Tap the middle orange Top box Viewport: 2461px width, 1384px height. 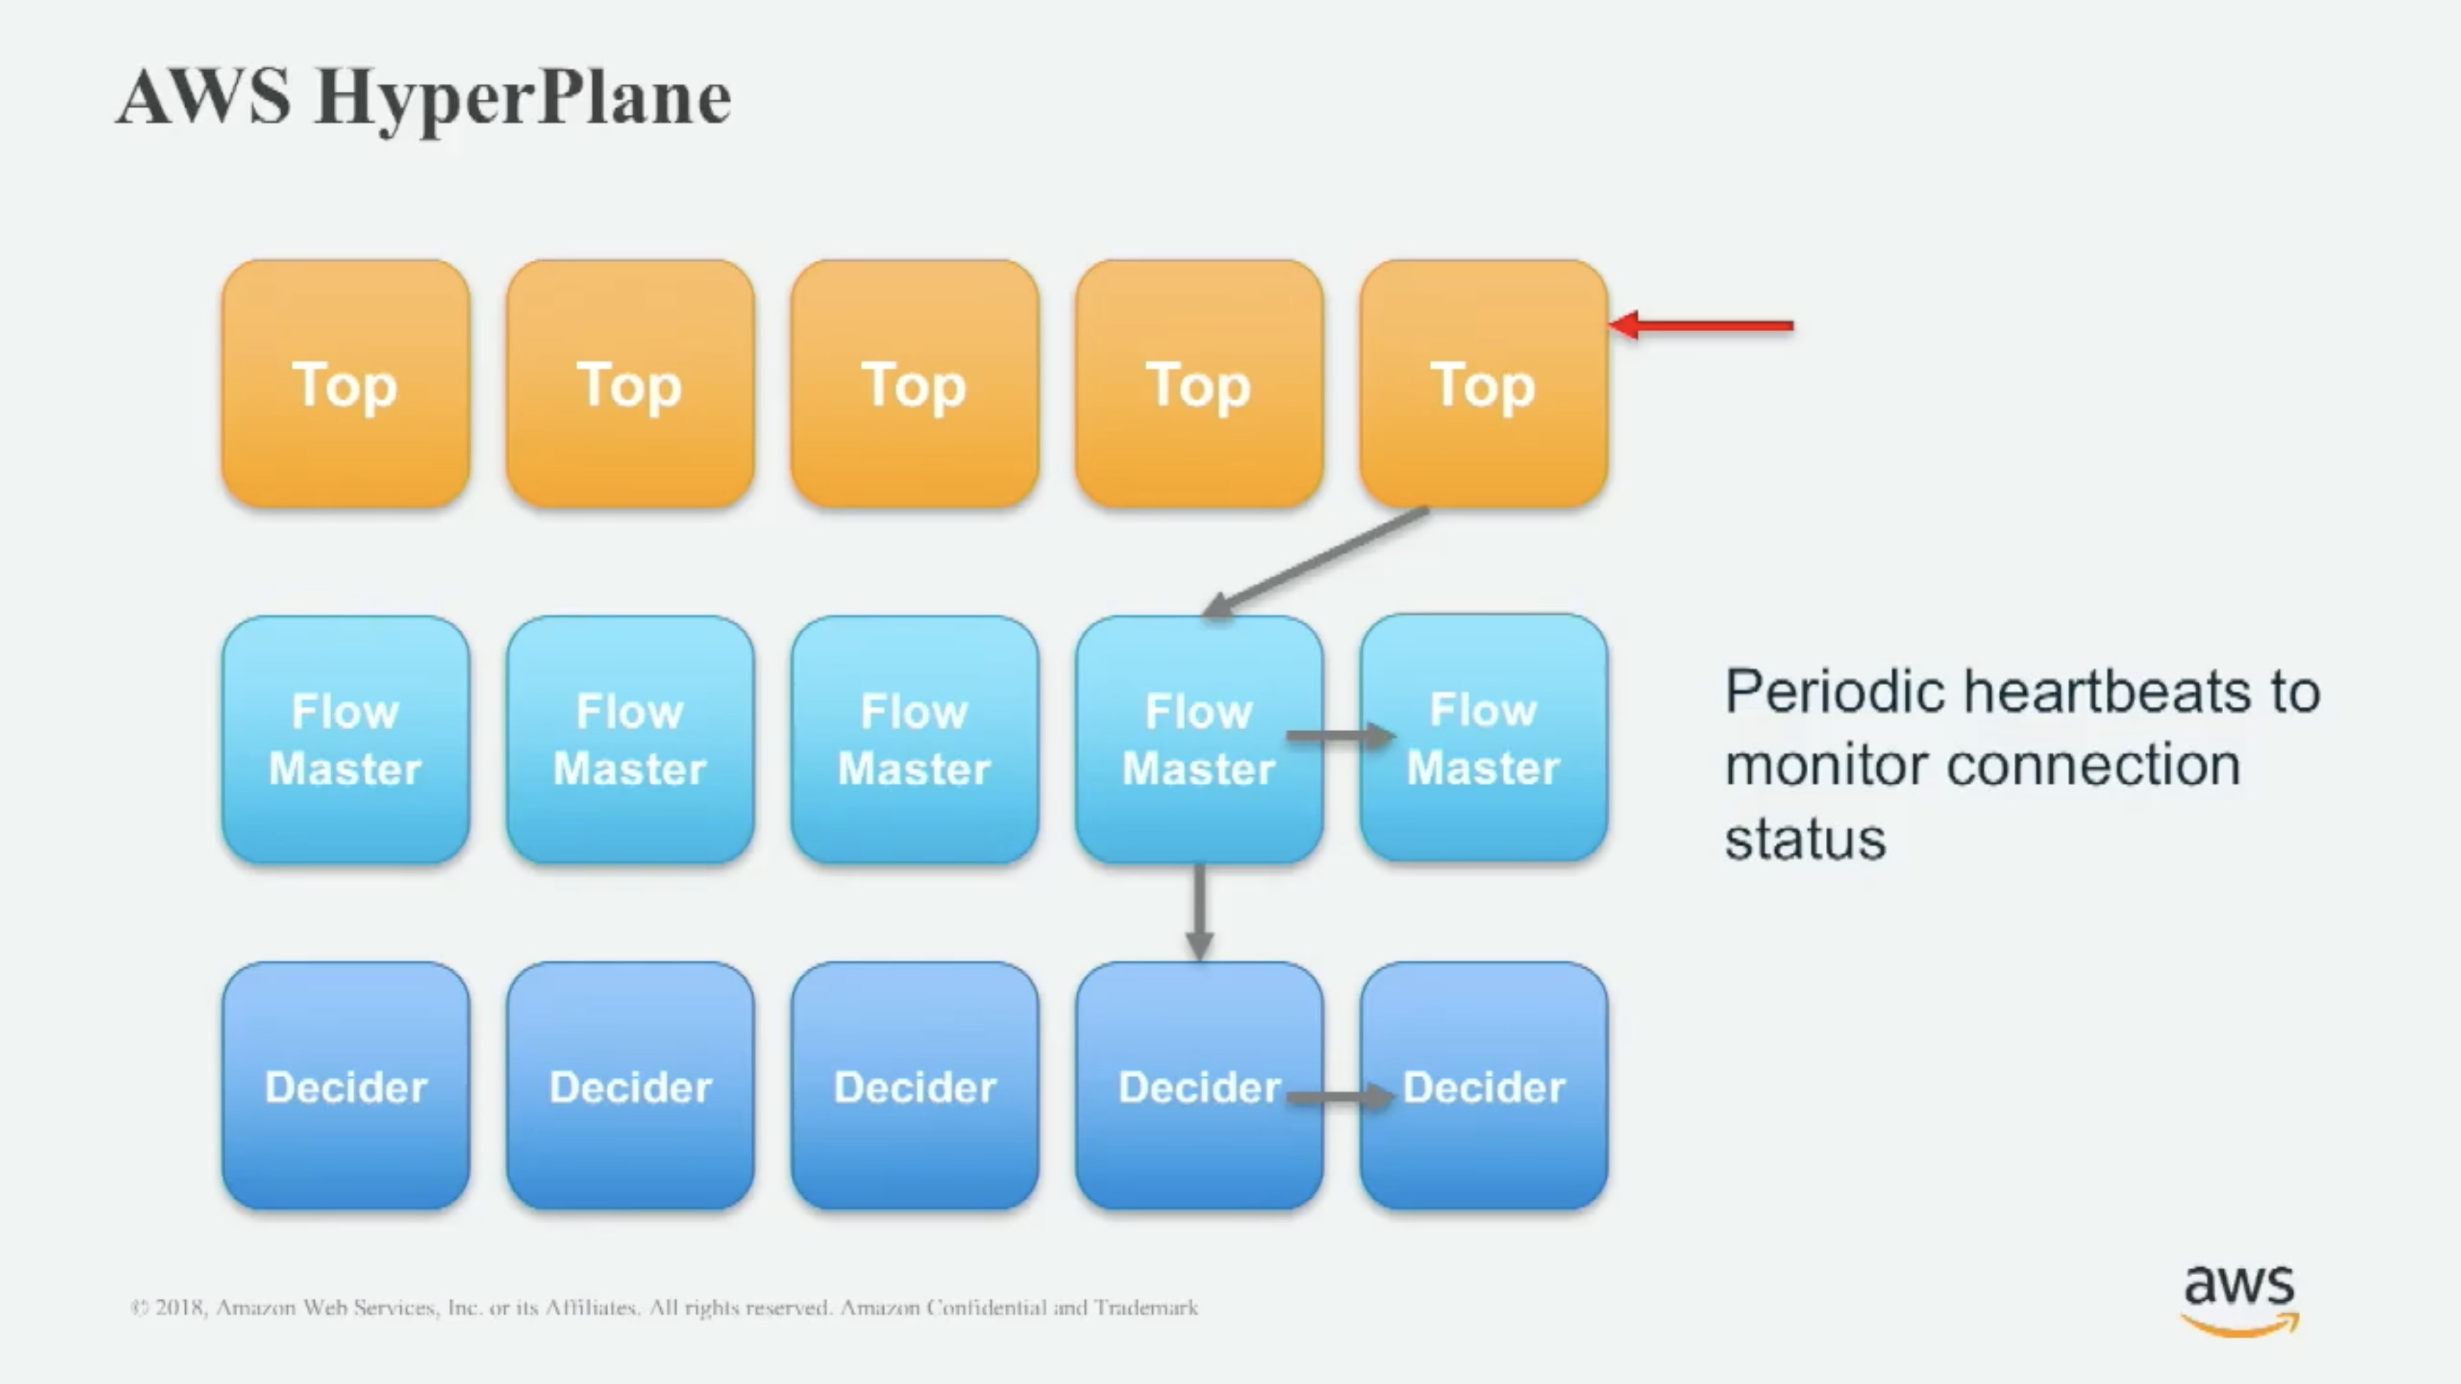914,384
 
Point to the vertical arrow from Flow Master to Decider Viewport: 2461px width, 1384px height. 1199,911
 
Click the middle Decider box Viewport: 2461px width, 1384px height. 914,1086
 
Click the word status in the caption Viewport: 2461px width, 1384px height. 1804,839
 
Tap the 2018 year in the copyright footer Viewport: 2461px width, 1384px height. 179,1306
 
